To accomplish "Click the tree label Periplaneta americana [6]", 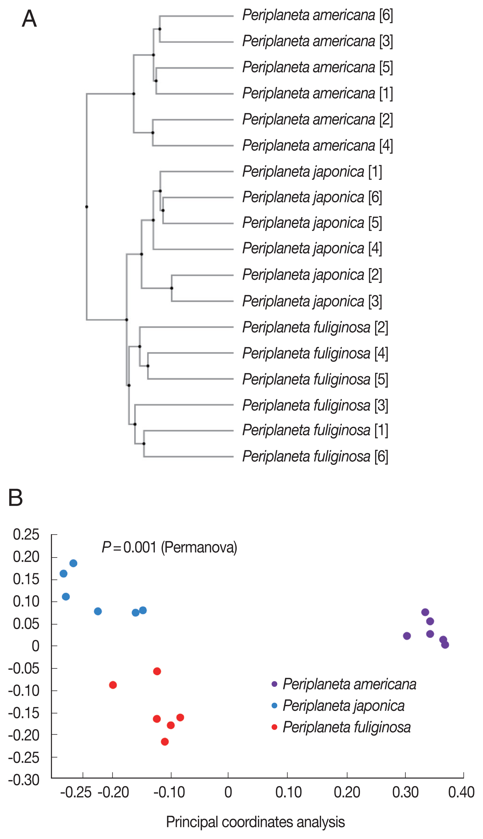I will coord(317,15).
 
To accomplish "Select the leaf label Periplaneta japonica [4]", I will coord(312,248).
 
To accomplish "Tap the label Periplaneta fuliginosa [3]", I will coord(315,405).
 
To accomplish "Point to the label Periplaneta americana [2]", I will coord(317,119).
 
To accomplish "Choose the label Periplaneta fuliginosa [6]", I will coord(315,456).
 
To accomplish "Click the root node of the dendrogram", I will coord(87,207).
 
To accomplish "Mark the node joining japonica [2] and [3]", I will coord(171,288).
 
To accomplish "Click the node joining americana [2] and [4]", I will coord(153,133).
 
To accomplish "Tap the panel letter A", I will coord(29,19).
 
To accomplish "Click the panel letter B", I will coord(15,498).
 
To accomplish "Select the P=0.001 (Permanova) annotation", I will coord(169,548).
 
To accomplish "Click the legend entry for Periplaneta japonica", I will coord(343,706).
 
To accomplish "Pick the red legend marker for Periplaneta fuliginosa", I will coord(274,727).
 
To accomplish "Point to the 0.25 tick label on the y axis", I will coord(26,535).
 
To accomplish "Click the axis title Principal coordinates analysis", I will coord(255,822).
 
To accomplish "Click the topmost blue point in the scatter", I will coord(73,563).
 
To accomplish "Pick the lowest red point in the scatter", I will coord(165,741).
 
